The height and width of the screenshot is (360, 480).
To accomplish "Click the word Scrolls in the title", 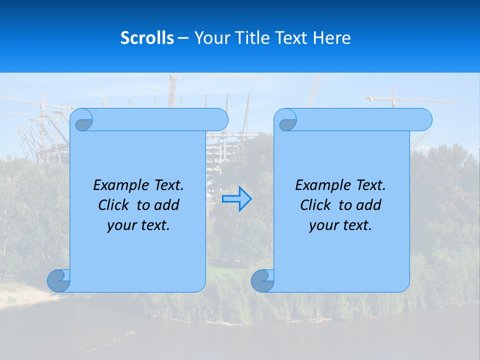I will pos(147,38).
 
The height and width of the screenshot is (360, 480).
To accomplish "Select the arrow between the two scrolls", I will pos(236,199).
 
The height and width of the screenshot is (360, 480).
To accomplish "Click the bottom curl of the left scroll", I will pos(58,280).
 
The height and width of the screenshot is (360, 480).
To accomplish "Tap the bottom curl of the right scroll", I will pos(262,280).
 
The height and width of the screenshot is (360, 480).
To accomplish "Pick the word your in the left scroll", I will pos(120,225).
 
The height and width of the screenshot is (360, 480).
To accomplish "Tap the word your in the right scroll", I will pos(322,225).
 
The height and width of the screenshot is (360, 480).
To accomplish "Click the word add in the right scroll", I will pos(369,205).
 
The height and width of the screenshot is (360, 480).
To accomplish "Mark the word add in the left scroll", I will pos(167,205).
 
